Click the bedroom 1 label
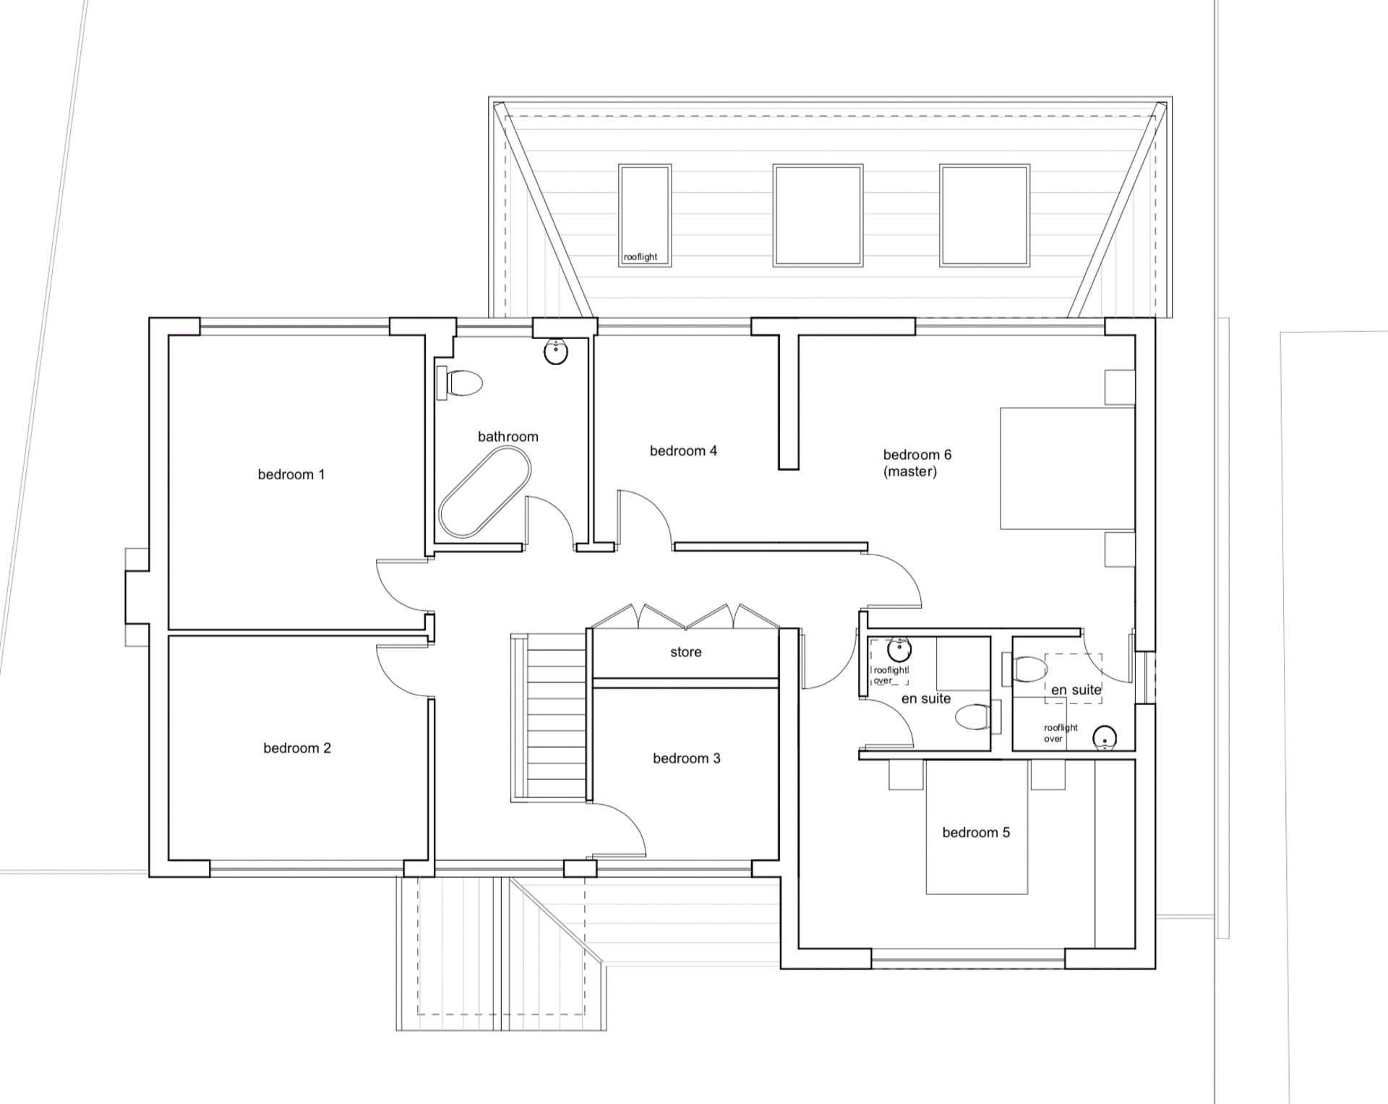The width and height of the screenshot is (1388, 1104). tap(291, 474)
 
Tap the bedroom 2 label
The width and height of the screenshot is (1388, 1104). tap(297, 748)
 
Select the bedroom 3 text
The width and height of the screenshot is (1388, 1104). tap(687, 758)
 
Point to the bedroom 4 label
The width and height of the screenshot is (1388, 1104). tap(683, 450)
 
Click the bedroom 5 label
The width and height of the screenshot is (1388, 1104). tap(976, 832)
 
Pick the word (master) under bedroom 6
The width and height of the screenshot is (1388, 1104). tap(910, 471)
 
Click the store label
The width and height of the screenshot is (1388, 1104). tap(686, 652)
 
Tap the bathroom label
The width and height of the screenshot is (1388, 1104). tap(508, 437)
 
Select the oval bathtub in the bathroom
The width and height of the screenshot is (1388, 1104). tap(485, 492)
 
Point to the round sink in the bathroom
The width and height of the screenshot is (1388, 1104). tap(555, 352)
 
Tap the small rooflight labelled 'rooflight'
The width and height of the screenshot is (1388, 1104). tap(645, 215)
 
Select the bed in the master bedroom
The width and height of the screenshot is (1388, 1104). tap(1067, 468)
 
